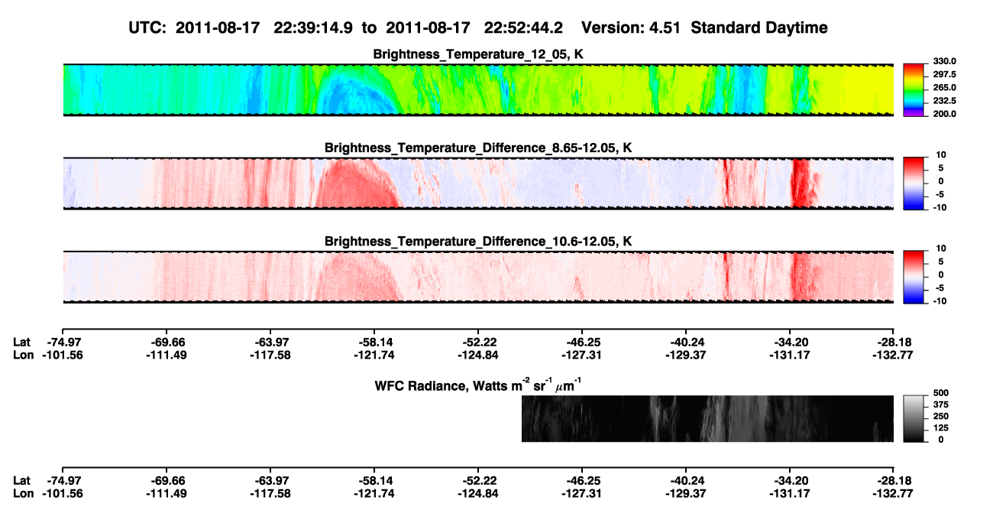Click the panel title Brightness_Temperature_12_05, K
478,54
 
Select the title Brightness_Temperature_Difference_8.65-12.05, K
478,148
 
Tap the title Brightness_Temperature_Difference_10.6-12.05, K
478,242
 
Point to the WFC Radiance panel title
478,385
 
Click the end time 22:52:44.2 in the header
523,28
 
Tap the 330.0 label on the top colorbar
944,61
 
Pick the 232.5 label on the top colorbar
944,101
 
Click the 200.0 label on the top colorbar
944,114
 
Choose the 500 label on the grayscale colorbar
940,393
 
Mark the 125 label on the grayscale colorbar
940,428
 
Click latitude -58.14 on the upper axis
374,343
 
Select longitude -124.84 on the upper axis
478,355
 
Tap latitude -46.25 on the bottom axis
581,481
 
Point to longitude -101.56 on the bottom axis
63,494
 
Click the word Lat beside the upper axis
21,343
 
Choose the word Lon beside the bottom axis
23,494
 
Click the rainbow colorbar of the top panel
914,90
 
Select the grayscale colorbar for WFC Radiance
914,418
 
